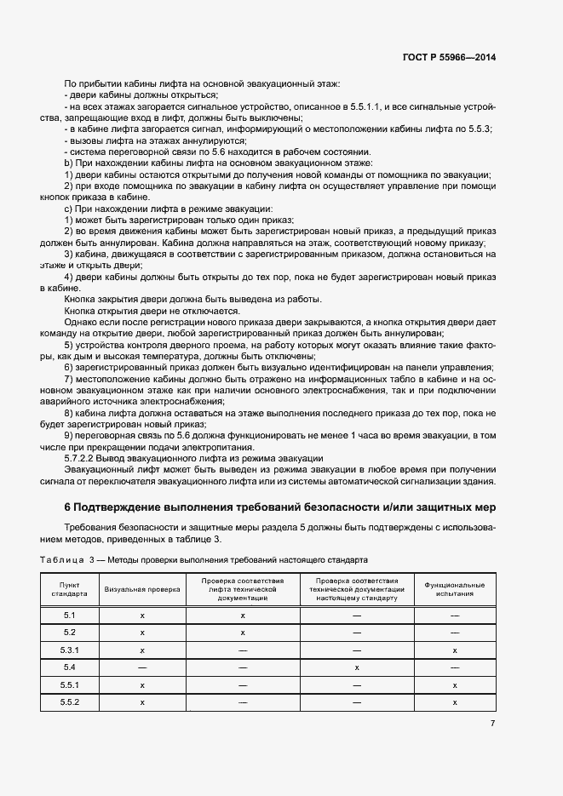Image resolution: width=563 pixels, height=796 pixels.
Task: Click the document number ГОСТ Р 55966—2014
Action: tap(448, 56)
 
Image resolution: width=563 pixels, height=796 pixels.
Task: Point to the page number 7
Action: tap(492, 723)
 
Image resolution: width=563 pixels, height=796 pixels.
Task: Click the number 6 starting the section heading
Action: tap(68, 507)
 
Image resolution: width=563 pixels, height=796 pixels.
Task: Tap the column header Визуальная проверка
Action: tap(143, 589)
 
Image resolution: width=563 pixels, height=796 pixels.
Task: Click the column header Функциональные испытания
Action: tap(455, 589)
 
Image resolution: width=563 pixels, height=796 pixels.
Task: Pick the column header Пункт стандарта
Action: tap(71, 589)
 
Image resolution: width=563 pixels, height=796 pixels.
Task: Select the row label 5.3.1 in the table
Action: tap(71, 650)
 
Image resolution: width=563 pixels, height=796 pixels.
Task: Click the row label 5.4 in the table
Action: tap(71, 667)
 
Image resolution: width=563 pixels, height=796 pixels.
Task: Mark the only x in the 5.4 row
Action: tap(356, 667)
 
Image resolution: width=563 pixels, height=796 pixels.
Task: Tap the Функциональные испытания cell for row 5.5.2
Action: tap(455, 702)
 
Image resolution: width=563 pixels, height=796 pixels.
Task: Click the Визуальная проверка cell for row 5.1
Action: tap(143, 615)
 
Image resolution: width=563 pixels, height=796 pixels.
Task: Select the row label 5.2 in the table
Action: tap(71, 633)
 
